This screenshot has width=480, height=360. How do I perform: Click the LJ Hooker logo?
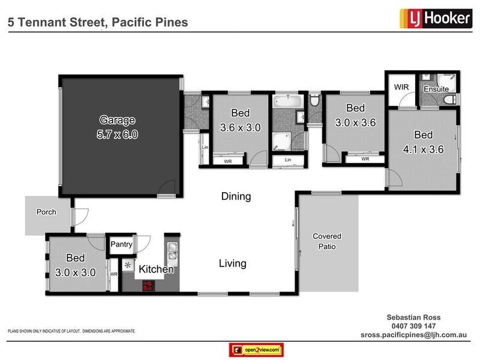436,19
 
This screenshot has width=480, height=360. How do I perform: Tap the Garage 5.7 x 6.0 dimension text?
117,134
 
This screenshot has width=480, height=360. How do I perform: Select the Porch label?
46,212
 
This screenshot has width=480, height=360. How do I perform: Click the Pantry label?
121,244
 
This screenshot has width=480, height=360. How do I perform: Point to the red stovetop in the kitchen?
148,286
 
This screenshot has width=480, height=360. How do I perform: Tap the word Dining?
236,197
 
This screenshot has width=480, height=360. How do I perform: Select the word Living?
233,263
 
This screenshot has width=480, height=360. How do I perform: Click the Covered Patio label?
327,241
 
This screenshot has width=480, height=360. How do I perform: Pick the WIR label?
401,87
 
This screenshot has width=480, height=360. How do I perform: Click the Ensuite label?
436,89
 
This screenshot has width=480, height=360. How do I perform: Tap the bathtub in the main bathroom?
288,101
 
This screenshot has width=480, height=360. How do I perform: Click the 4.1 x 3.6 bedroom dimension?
424,149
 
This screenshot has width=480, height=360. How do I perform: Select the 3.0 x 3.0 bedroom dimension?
76,272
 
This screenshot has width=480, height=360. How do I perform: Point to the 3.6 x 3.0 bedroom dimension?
241,127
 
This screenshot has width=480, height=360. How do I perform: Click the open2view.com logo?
256,350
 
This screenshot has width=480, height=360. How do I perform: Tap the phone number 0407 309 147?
413,326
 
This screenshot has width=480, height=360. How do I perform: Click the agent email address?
413,335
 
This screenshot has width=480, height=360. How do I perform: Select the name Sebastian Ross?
413,317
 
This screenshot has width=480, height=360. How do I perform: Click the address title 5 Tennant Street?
57,22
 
